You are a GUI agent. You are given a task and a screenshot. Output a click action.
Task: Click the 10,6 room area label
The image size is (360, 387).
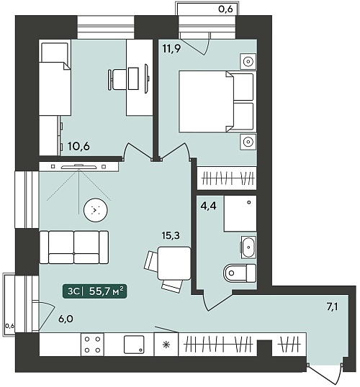[78, 146]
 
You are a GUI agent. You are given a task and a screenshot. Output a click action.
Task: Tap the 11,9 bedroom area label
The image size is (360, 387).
[172, 48]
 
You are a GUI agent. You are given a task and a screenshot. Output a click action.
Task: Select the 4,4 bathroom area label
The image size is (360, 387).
[208, 206]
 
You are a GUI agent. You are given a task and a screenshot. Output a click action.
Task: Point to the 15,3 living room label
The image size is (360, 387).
[171, 235]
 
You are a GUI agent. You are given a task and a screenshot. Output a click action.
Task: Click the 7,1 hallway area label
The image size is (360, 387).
[332, 307]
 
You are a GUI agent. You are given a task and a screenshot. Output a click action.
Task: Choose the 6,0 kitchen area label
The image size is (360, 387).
[66, 319]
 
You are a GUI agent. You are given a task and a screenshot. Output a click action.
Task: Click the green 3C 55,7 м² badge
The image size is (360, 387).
[94, 291]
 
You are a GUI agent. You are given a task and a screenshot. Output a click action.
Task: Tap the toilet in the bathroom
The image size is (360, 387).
[240, 273]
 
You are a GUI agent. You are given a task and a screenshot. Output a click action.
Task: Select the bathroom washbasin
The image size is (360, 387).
[248, 247]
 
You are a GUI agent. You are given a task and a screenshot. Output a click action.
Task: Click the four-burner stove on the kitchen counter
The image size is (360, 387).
[92, 345]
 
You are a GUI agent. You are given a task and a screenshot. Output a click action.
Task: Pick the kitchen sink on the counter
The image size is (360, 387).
[134, 345]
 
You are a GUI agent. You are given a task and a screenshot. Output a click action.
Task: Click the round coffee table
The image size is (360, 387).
[96, 210]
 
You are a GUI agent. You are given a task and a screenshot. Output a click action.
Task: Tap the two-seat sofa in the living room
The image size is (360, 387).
[74, 247]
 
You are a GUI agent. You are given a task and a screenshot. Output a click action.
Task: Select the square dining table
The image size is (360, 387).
[174, 263]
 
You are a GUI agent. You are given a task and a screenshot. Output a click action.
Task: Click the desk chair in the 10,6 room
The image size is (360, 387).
[117, 79]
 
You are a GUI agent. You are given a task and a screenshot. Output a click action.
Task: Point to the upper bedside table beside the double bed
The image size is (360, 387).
[248, 61]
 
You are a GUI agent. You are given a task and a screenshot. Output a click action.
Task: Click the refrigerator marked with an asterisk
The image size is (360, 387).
[166, 345]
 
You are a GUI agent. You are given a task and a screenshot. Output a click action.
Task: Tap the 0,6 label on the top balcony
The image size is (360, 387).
[225, 9]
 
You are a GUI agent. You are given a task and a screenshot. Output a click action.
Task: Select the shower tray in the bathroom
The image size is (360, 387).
[240, 214]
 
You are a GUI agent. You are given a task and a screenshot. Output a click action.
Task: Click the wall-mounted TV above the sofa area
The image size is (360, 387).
[78, 167]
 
